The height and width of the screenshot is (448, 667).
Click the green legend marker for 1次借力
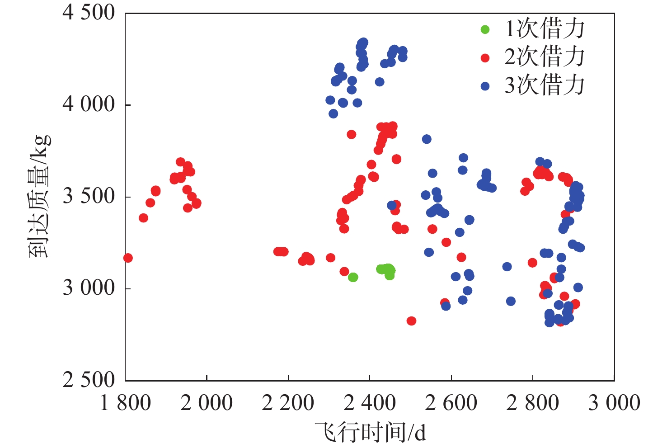tap(485, 30)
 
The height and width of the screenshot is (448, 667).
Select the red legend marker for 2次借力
tap(485, 58)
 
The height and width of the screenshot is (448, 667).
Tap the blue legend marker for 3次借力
tap(485, 86)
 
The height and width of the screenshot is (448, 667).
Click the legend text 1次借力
tap(545, 29)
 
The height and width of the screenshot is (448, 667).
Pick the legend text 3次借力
tap(545, 85)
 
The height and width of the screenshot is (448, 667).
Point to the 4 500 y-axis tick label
tap(89, 13)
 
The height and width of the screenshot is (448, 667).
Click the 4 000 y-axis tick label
tap(89, 104)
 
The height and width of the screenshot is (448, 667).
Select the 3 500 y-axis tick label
tap(89, 196)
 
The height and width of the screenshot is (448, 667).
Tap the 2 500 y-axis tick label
tap(89, 380)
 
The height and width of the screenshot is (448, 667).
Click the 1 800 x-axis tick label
tap(125, 403)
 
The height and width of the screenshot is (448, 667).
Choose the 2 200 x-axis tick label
tap(288, 403)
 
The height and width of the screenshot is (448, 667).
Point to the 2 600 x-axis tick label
tap(451, 403)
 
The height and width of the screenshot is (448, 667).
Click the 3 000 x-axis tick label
tap(614, 403)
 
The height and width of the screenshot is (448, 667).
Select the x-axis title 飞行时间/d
tap(371, 432)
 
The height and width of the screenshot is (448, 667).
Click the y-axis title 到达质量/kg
tap(40, 196)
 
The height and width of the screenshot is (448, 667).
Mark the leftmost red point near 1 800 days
tap(128, 258)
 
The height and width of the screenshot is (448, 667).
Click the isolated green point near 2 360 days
tap(353, 277)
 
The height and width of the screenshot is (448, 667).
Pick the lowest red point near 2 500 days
tap(411, 321)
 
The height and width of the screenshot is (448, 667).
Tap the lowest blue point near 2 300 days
tap(333, 114)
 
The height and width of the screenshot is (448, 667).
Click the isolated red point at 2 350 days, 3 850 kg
tap(351, 134)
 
